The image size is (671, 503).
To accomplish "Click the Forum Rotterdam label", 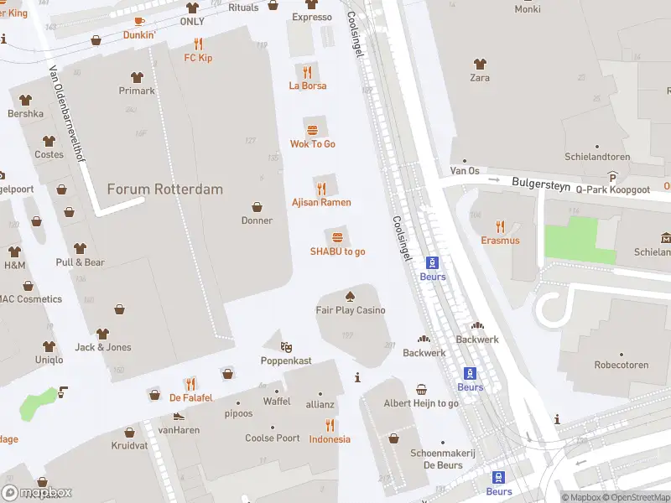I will (165, 189).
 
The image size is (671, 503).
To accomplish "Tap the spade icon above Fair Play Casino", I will (350, 296).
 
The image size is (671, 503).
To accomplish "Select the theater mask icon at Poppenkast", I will (286, 346).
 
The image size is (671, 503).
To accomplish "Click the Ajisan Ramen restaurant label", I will (321, 203).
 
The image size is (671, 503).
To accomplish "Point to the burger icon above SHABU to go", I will (337, 237).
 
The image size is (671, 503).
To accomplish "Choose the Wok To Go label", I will (312, 144).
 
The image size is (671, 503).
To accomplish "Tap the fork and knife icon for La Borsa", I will (308, 72).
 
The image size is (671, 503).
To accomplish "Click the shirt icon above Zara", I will (480, 64).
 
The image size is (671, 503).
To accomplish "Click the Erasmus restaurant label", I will (500, 241).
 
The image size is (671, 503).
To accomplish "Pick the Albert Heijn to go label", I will (421, 403).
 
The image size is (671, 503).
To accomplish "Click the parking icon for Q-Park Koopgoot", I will (613, 177).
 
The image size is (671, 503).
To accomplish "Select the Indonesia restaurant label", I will (330, 439).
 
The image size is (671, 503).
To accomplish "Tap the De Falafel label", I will (191, 397).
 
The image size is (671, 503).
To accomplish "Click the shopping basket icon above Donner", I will (257, 207).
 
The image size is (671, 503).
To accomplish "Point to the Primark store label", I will (137, 91).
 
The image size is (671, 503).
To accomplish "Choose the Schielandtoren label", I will (596, 157).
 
